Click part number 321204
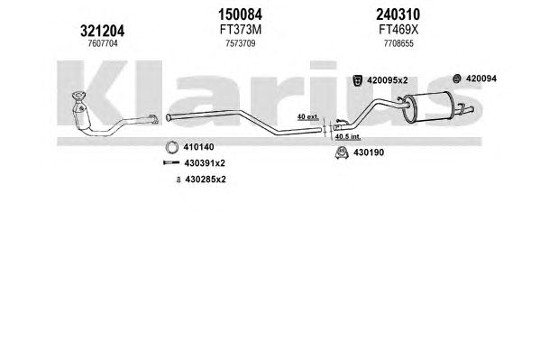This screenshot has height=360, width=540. tap(102, 32)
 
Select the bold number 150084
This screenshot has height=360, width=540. tap(240, 14)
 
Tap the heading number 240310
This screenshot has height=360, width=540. tap(398, 14)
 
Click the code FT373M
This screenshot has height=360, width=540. tap(241, 30)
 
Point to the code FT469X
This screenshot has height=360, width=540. tap(398, 30)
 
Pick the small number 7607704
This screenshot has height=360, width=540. tap(103, 43)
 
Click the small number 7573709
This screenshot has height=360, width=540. tap(241, 44)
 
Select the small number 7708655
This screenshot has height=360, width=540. tap(398, 44)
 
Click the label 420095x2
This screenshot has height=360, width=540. tap(388, 80)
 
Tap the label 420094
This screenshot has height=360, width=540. tap(481, 78)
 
